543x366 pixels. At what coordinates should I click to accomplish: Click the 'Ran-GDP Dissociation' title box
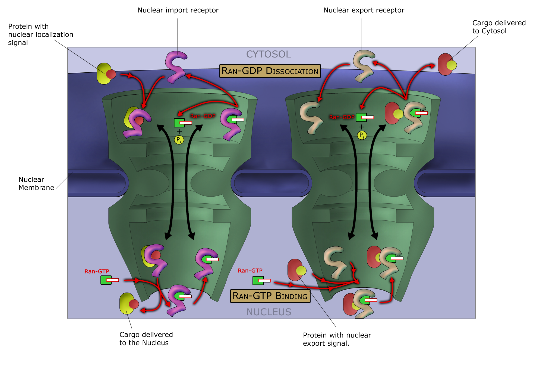click(x=270, y=71)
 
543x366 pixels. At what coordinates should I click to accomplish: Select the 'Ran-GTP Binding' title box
click(x=270, y=296)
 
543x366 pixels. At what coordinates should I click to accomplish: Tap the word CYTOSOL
click(x=268, y=54)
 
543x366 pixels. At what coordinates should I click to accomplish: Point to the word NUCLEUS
click(x=269, y=312)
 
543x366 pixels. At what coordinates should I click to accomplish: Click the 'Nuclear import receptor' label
click(x=178, y=10)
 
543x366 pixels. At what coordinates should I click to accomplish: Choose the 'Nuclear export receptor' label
click(x=364, y=10)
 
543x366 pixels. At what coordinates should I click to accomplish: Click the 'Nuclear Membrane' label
click(x=36, y=184)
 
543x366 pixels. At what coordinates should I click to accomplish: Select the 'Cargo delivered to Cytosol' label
click(x=499, y=27)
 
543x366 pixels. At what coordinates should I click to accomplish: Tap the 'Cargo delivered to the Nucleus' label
click(x=146, y=339)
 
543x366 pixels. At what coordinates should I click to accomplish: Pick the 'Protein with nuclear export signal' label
click(x=337, y=339)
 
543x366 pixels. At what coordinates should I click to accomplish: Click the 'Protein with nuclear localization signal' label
click(x=40, y=34)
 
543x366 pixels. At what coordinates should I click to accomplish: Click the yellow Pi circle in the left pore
click(x=179, y=140)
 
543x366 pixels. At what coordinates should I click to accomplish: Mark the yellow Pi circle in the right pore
click(x=362, y=135)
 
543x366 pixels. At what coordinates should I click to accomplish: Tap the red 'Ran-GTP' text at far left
click(x=97, y=271)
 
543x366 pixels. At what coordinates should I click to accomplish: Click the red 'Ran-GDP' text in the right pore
click(x=342, y=117)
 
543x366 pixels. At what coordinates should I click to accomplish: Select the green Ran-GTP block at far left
click(x=106, y=280)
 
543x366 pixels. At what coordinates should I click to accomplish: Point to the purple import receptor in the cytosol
click(x=176, y=67)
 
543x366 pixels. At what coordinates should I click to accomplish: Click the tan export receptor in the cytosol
click(x=363, y=66)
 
